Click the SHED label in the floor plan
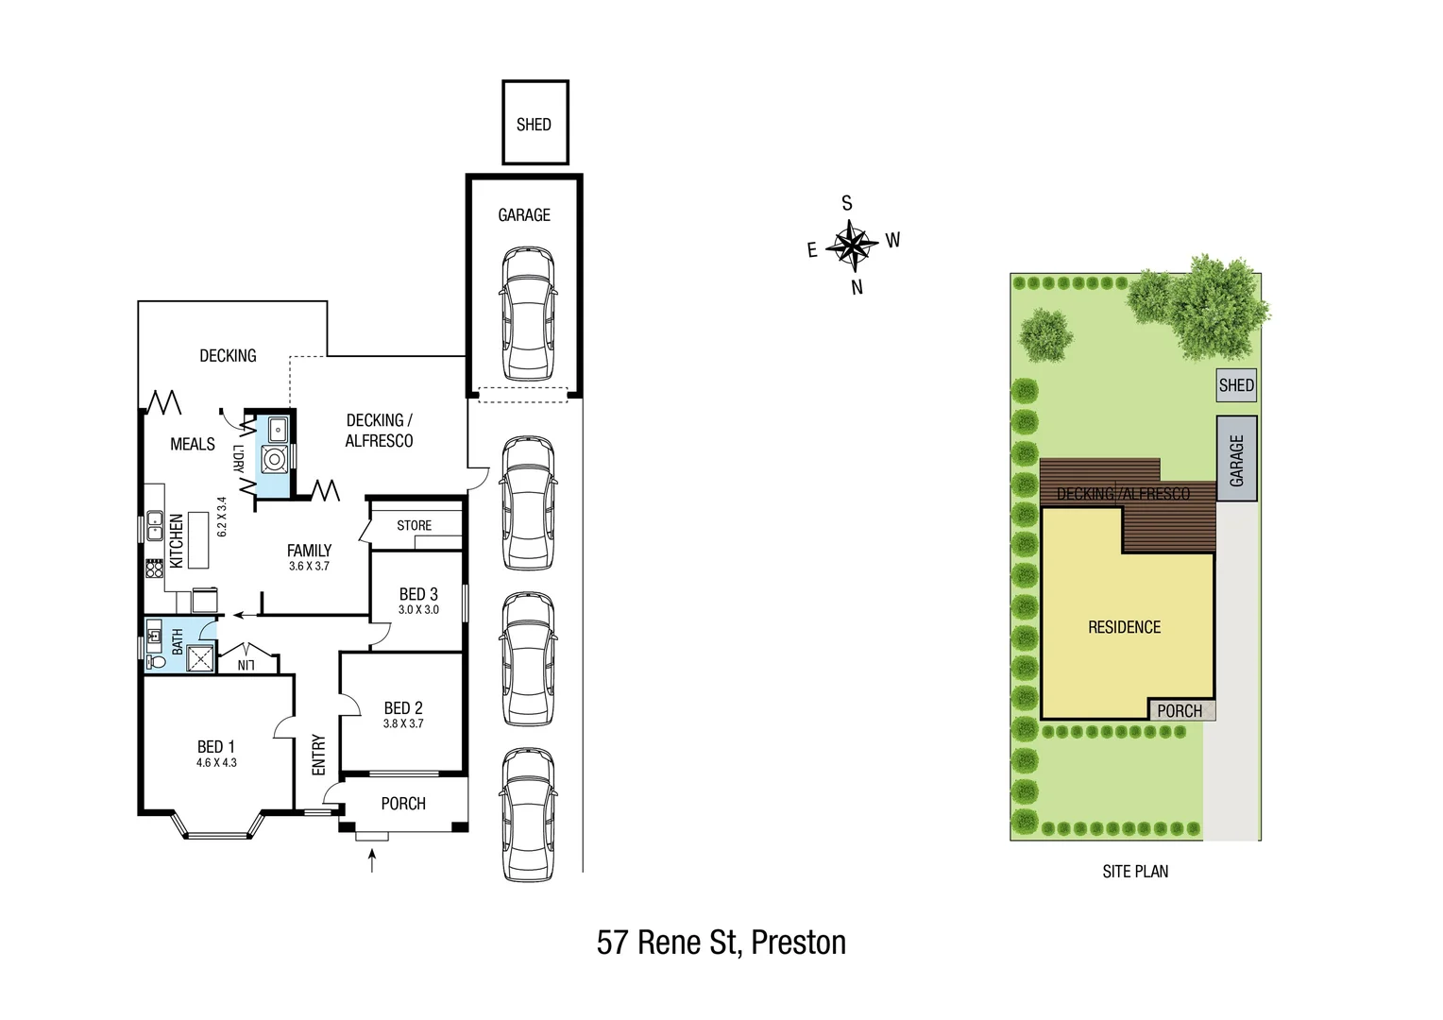click(x=534, y=125)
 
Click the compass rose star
click(x=852, y=245)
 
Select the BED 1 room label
click(x=216, y=747)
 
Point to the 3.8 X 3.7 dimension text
click(x=403, y=724)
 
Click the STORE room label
click(x=414, y=526)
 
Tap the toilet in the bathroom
click(x=157, y=661)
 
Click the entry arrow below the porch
click(x=372, y=860)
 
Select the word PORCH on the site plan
click(x=1180, y=711)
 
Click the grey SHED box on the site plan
click(x=1236, y=385)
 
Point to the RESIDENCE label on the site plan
click(x=1124, y=627)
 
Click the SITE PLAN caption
click(x=1135, y=872)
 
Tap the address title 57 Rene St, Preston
click(x=721, y=943)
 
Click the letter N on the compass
click(x=857, y=288)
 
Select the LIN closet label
click(x=246, y=665)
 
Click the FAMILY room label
click(x=309, y=551)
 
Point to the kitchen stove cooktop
click(x=154, y=568)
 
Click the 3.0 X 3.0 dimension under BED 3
click(x=418, y=610)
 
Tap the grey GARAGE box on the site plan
click(x=1236, y=459)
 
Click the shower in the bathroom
click(x=200, y=657)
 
